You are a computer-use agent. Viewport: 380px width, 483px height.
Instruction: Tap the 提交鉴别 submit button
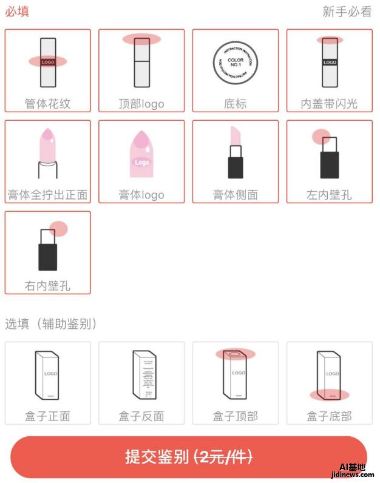(189, 457)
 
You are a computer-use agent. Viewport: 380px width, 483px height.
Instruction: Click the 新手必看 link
(347, 12)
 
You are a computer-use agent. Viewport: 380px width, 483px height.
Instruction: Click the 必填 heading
(17, 12)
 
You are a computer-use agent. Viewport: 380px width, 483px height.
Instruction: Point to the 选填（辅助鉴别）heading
(52, 323)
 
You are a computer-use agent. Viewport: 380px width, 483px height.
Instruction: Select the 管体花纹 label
(47, 104)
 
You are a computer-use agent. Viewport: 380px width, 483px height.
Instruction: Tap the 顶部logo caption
(141, 104)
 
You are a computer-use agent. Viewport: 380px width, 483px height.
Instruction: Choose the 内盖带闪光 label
(330, 104)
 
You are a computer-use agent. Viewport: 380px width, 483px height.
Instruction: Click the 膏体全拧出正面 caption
(47, 195)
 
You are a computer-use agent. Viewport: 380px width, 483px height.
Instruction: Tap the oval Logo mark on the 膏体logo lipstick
(141, 163)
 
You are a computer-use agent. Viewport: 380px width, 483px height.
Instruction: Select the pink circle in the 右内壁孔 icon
(58, 229)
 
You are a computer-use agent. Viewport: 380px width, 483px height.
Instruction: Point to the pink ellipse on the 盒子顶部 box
(236, 354)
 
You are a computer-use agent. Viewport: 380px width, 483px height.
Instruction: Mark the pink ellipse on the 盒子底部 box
(330, 395)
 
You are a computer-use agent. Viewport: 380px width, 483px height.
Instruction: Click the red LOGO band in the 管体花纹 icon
(47, 61)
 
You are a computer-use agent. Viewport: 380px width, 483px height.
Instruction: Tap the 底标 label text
(236, 104)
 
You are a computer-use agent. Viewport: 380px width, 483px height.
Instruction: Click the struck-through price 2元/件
(223, 457)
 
